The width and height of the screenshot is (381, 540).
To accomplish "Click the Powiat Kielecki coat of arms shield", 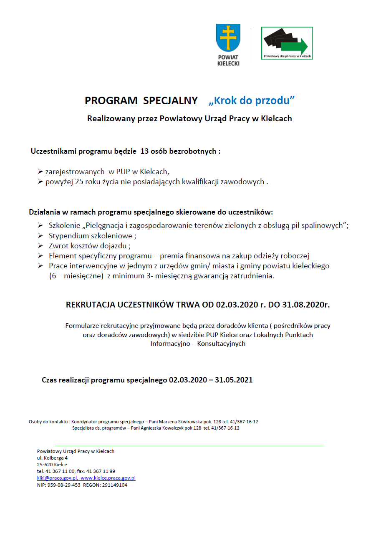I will [228, 38].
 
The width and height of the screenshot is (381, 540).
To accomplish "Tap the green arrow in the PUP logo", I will [294, 45].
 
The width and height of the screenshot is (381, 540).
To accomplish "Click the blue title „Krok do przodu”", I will [252, 101].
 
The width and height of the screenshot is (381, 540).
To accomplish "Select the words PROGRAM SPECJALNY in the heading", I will [141, 101].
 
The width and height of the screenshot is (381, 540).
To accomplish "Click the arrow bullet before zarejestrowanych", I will [40, 171].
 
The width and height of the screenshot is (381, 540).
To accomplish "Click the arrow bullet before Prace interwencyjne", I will [40, 266].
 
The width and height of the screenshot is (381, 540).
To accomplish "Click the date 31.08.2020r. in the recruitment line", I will [307, 305].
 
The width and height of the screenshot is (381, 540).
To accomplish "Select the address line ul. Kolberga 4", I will [53, 458].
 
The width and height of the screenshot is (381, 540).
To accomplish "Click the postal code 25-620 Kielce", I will [52, 465].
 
